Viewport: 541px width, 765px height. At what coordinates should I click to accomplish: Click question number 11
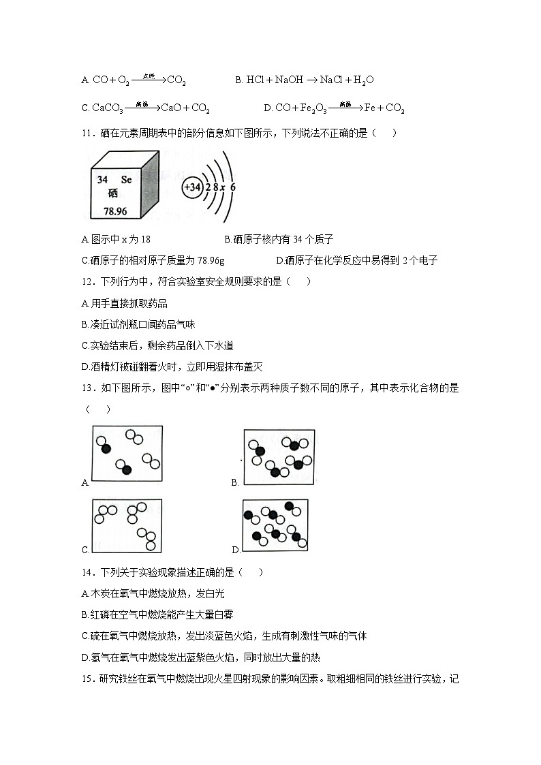(x=86, y=133)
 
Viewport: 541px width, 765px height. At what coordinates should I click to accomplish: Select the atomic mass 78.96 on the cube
(x=115, y=211)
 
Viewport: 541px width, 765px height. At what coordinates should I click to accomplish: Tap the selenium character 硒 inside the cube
(x=112, y=193)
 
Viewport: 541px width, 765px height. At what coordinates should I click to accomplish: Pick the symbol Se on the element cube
(x=126, y=180)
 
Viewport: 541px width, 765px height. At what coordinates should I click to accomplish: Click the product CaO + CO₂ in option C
(x=185, y=108)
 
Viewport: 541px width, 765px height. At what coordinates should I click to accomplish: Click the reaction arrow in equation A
(x=148, y=79)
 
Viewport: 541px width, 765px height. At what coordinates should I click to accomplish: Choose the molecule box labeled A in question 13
(x=127, y=456)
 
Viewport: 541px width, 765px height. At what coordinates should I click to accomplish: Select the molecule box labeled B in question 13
(x=279, y=456)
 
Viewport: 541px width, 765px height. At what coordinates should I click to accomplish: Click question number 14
(x=86, y=572)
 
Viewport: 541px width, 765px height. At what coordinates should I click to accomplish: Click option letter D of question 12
(x=84, y=366)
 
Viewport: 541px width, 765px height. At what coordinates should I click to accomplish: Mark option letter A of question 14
(x=84, y=593)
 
